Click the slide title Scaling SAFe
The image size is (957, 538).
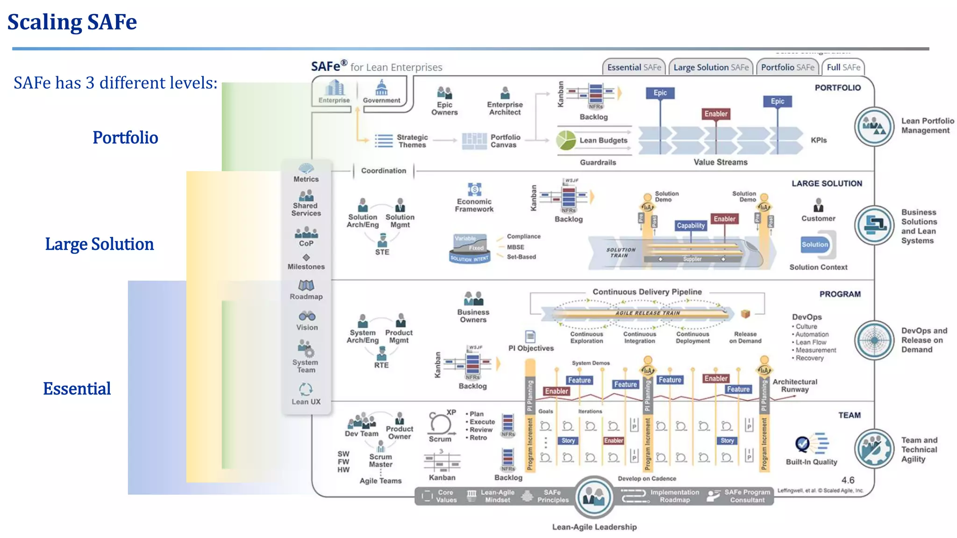coord(72,22)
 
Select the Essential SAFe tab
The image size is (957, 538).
coord(634,67)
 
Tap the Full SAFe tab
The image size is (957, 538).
coord(843,67)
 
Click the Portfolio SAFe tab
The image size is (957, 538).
coord(787,67)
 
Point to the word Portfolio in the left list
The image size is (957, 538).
coord(125,138)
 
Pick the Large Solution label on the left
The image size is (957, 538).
coord(99,244)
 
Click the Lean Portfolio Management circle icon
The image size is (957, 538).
coord(874,127)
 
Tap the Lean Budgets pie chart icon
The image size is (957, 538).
coord(566,140)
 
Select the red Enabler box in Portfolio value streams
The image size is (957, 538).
coord(716,114)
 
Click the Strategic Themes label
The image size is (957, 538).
coord(412,141)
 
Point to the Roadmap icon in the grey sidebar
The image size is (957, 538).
coord(306,285)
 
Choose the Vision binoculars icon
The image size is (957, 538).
coord(307,316)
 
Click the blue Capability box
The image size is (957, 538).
coord(691,226)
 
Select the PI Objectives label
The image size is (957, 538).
coord(531,348)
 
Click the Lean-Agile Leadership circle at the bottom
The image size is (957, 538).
coord(594,497)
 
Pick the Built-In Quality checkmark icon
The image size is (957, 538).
coord(803,444)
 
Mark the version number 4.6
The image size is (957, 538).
coord(848,480)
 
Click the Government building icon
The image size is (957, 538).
coord(382,88)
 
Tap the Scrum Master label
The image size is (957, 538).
coord(380,460)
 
